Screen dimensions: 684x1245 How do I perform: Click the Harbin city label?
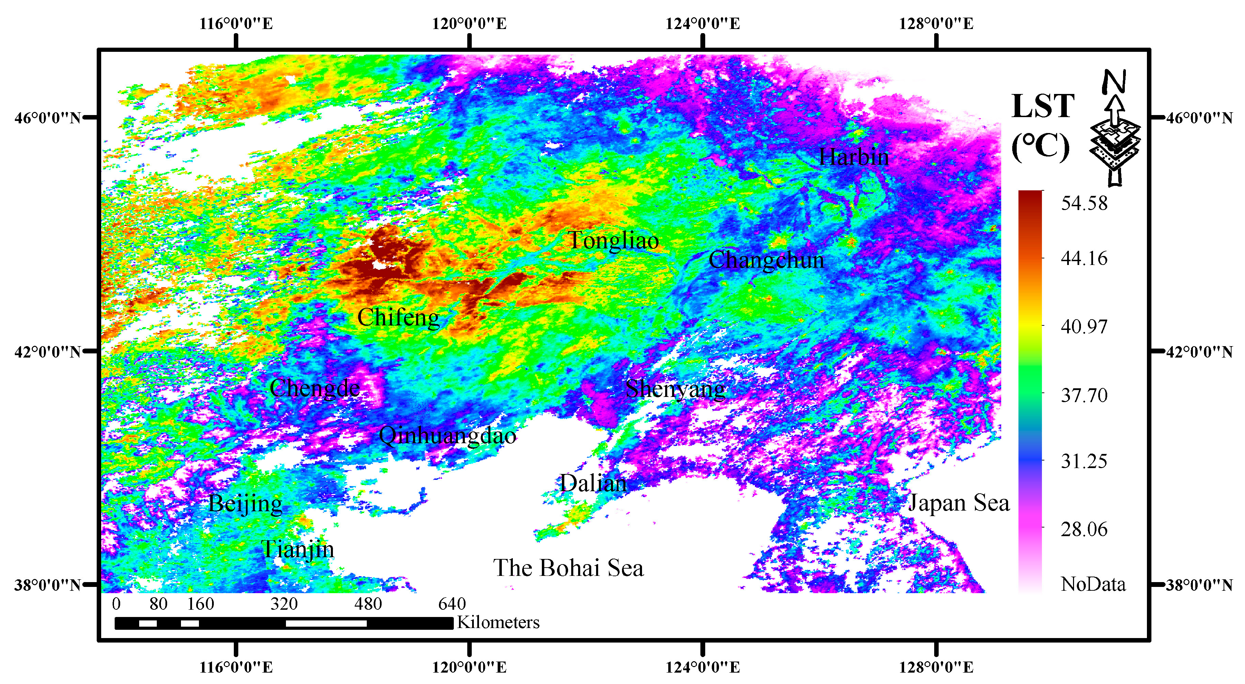[853, 157]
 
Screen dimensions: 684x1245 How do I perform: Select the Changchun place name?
[766, 260]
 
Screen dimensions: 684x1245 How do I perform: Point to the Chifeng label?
[398, 317]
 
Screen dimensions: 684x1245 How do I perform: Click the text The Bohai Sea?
[568, 568]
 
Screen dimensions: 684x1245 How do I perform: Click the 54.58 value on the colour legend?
[1084, 203]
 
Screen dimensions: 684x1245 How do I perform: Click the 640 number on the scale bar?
[452, 604]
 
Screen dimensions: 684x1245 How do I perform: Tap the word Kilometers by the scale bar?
[498, 623]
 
